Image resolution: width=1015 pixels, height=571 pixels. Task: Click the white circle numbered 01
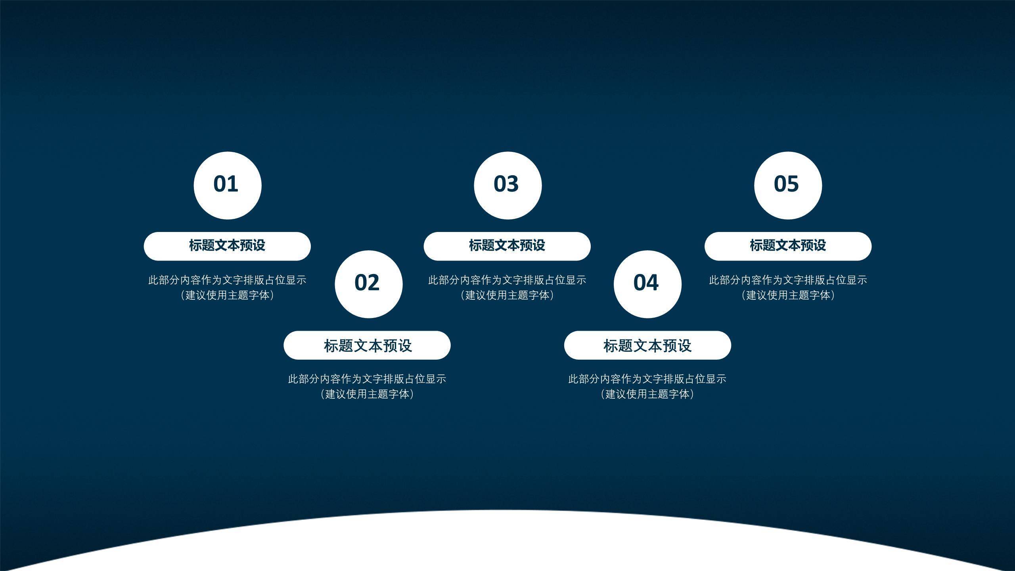pos(228,185)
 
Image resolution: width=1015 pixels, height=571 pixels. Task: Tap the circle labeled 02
pos(369,284)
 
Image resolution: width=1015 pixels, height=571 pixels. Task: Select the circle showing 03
pos(508,185)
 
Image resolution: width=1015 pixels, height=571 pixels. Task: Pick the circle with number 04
pos(648,284)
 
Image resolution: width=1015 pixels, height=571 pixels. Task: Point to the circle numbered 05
pos(788,185)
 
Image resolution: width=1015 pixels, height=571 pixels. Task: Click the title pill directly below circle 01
pos(227,246)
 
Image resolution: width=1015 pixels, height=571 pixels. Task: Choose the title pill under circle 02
pos(367,345)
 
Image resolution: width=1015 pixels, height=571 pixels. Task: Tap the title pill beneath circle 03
pos(507,246)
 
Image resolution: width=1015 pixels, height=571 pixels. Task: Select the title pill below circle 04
pos(647,345)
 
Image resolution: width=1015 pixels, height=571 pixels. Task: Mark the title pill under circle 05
pos(788,246)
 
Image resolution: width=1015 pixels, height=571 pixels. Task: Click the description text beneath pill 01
pos(227,287)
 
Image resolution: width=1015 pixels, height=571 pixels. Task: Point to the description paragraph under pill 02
pos(367,386)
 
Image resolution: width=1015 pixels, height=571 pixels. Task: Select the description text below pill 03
pos(507,287)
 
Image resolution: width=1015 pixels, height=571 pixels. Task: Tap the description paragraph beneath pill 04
pos(647,386)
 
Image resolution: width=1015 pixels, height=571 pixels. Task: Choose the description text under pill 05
pos(788,287)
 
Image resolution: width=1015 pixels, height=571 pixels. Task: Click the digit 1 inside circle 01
pos(233,184)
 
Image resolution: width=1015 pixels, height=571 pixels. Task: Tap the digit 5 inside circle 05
pos(793,184)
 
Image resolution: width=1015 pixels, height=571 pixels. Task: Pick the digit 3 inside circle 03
pos(513,184)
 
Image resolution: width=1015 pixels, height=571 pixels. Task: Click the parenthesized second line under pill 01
pos(227,295)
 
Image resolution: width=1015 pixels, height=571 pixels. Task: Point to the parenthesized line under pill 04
pos(647,394)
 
